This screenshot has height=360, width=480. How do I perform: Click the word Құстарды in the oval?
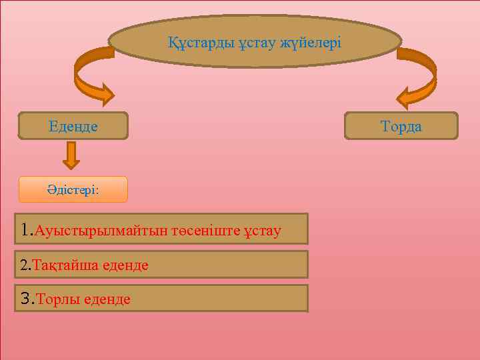click(195, 43)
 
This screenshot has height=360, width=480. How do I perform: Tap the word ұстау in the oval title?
click(245, 43)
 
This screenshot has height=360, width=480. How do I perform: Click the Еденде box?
click(73, 125)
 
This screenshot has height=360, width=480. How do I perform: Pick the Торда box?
click(401, 126)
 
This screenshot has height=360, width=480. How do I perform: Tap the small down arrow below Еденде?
click(71, 156)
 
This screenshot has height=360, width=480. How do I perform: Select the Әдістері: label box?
click(73, 189)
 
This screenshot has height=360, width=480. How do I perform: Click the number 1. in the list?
click(27, 230)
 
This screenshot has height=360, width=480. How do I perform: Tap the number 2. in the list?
click(26, 265)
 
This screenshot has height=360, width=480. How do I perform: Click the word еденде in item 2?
click(125, 265)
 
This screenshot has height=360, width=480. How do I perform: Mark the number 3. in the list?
click(27, 299)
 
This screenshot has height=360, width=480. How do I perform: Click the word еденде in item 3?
click(107, 299)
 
